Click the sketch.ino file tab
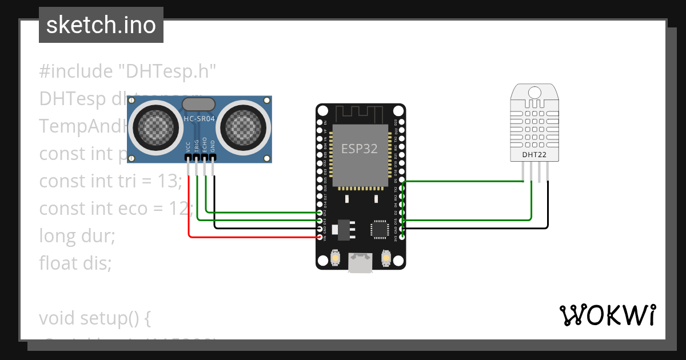101,25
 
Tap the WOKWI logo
607,315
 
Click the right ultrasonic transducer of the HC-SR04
242,126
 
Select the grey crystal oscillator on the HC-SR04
198,104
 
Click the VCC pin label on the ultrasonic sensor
188,147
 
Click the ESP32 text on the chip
360,149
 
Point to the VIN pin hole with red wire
320,237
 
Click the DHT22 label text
535,154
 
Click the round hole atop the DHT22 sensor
535,93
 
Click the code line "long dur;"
77,235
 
